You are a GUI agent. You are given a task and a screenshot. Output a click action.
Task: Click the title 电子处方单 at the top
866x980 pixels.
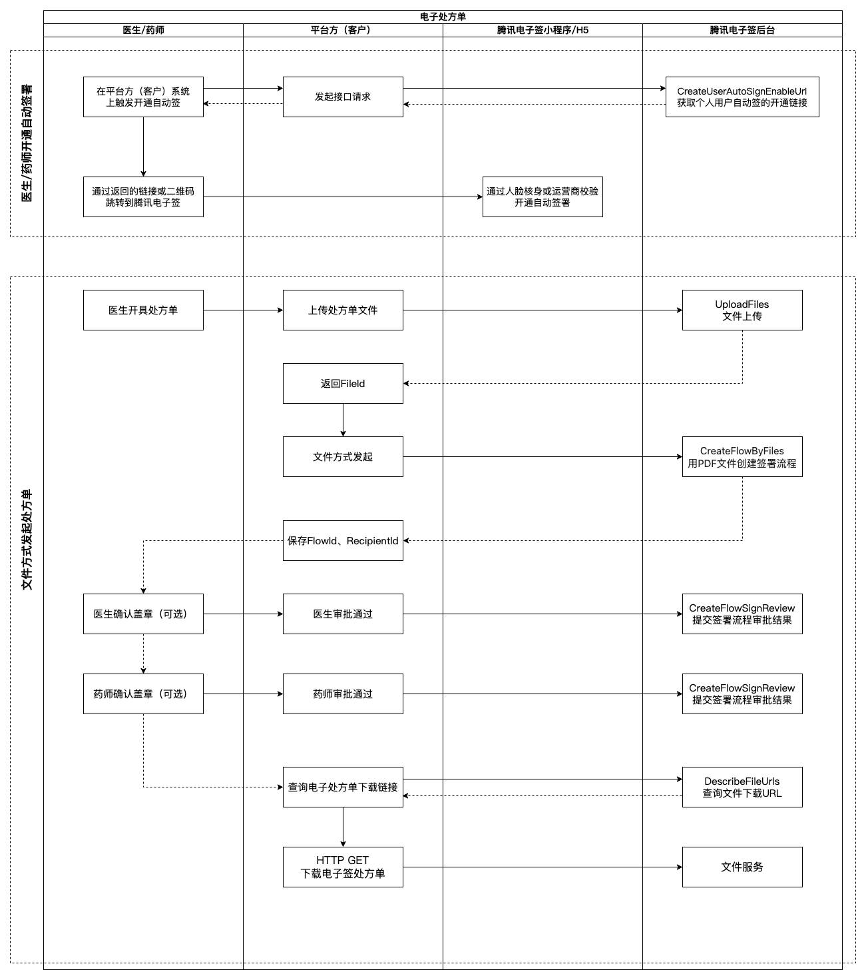[443, 17]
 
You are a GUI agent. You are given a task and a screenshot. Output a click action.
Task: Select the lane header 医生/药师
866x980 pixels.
[144, 30]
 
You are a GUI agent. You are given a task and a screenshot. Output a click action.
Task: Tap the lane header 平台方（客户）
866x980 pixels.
[343, 30]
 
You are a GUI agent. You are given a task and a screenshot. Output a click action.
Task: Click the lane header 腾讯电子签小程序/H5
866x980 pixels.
[542, 30]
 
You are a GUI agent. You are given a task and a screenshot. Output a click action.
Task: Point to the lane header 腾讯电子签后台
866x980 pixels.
[742, 30]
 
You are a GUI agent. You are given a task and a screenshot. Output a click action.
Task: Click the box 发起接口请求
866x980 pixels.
[343, 97]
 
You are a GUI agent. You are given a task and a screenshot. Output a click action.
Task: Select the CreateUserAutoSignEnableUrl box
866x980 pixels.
[742, 97]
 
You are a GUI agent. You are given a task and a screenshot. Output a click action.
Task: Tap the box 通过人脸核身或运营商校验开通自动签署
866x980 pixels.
[542, 197]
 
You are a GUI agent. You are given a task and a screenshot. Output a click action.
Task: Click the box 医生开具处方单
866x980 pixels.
[144, 310]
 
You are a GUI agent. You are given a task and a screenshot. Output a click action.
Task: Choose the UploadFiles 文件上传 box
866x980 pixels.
[742, 310]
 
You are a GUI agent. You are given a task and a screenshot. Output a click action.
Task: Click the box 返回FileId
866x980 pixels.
[343, 384]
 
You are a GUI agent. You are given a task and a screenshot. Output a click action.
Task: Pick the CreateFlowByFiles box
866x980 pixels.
[742, 456]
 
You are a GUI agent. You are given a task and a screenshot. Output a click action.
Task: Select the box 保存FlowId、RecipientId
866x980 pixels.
[343, 541]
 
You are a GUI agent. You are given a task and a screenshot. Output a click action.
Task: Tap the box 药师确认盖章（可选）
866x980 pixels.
[144, 694]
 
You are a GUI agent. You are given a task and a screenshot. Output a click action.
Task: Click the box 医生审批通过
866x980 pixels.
[343, 614]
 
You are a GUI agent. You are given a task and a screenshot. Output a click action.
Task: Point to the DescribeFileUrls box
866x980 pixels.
[742, 787]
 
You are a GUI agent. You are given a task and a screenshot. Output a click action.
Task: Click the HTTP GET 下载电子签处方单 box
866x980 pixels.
[343, 867]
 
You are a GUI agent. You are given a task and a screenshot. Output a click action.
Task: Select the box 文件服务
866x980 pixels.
[742, 867]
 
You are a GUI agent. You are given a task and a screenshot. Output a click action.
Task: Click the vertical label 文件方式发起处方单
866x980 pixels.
[27, 540]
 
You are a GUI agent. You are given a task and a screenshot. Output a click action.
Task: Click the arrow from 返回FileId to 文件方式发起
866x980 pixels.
[343, 420]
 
